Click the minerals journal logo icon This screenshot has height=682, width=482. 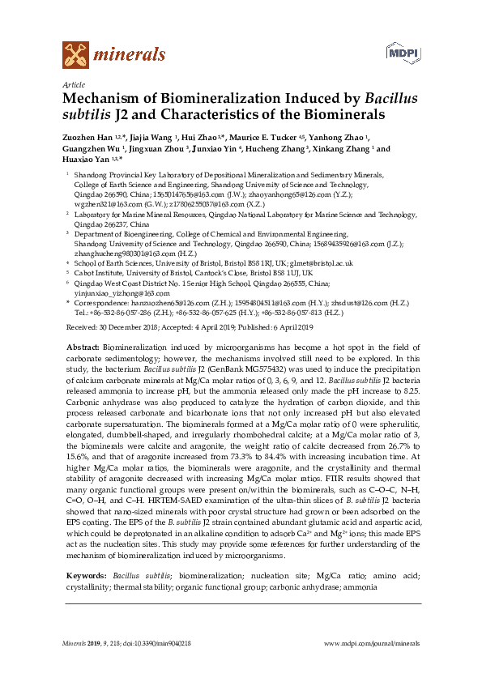coord(75,54)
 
